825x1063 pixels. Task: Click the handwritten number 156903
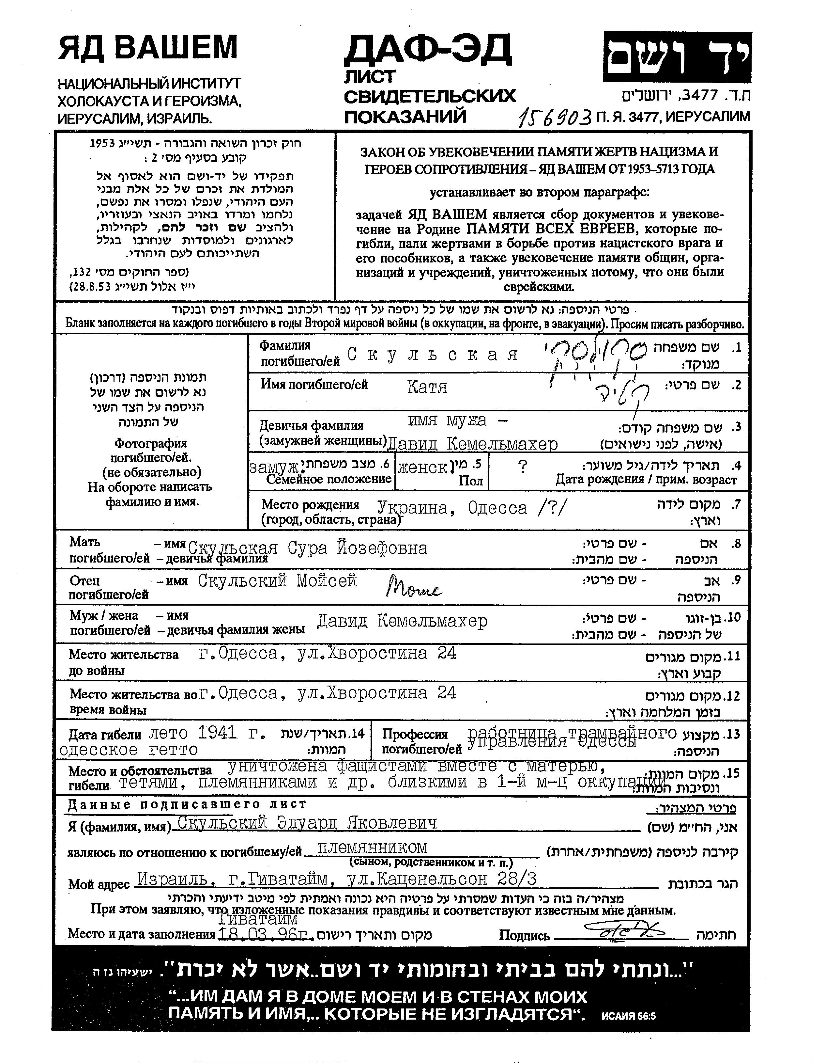[555, 117]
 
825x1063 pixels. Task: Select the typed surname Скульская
[433, 355]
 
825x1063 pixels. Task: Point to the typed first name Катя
[427, 387]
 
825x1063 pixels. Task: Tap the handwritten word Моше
[413, 587]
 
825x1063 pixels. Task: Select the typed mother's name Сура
[307, 548]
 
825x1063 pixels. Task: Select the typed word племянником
[372, 848]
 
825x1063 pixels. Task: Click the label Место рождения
[310, 504]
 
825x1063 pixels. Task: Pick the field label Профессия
[414, 734]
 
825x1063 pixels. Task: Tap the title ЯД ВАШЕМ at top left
[148, 47]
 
